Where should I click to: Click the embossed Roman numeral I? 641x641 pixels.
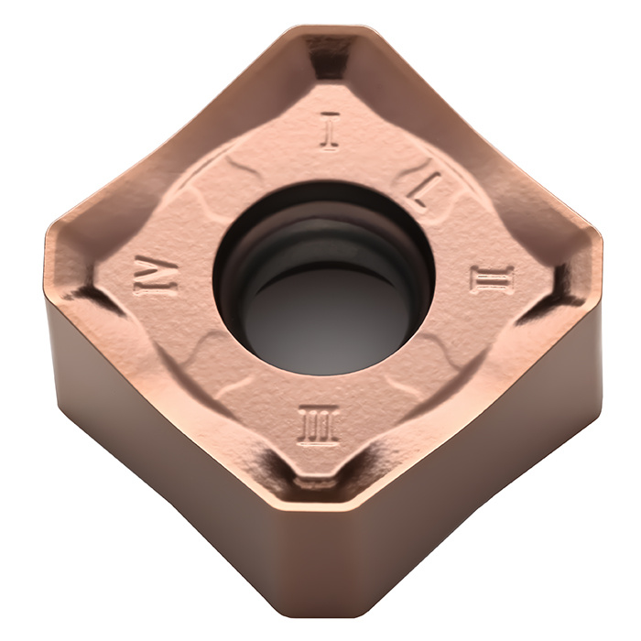click(330, 131)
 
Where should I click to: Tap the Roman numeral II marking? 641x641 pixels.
click(492, 279)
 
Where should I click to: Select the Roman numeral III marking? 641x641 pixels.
click(319, 426)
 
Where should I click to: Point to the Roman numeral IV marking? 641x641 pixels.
click(157, 274)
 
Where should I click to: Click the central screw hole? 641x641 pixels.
click(324, 278)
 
